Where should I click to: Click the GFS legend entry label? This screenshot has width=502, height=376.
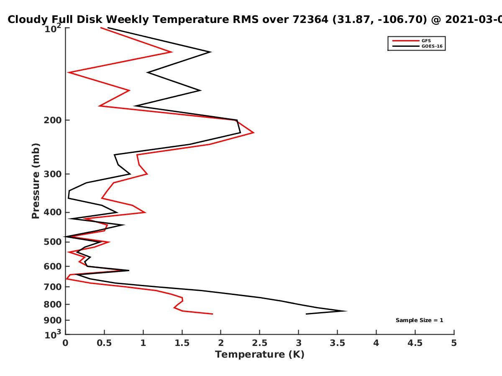[426, 41]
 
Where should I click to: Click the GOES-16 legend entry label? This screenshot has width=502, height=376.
[432, 46]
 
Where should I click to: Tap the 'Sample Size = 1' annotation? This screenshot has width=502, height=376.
[419, 320]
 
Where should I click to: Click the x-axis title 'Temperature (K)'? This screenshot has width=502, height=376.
[260, 355]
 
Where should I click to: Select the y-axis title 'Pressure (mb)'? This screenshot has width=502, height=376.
[36, 181]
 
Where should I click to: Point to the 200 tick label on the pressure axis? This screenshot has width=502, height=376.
[53, 120]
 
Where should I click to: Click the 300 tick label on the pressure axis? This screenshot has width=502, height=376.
[53, 174]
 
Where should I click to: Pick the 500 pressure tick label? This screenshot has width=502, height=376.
[53, 242]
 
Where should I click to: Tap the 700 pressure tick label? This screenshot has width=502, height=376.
[53, 287]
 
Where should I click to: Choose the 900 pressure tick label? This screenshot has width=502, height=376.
[53, 320]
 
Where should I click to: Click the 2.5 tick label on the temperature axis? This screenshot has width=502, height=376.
[260, 343]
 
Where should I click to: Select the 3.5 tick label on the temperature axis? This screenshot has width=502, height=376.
[337, 343]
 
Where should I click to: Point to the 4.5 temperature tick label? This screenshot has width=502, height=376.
[415, 343]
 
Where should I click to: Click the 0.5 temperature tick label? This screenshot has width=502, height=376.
[104, 343]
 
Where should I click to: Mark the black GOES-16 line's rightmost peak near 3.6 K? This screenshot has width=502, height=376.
[346, 311]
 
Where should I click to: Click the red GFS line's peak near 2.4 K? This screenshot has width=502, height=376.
[254, 132]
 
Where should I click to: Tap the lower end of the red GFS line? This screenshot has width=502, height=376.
[213, 314]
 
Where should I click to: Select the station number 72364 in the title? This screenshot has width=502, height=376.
[310, 20]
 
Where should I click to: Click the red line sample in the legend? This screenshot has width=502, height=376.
[406, 41]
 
